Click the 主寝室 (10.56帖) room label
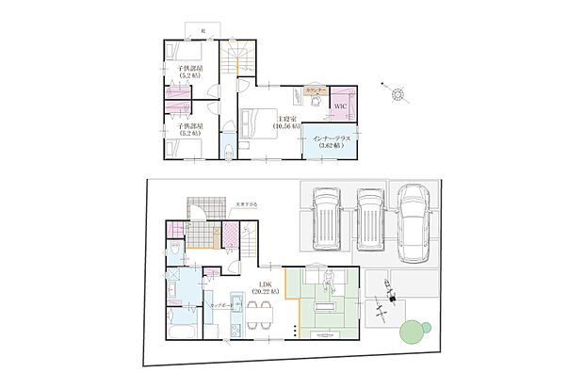(x=285, y=122)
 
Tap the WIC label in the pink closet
(x=342, y=106)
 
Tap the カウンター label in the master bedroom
(x=316, y=90)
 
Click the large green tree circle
(x=412, y=332)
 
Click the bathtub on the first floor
(x=181, y=336)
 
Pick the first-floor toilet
(x=176, y=251)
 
